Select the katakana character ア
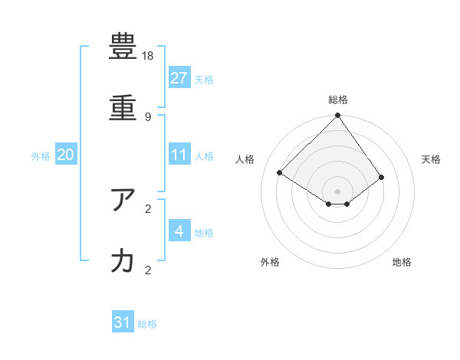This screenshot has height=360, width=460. coord(123,201)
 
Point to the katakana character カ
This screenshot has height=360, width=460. coord(123,262)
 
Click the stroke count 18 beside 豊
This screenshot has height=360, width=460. coord(148,56)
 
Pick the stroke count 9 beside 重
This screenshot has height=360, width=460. coord(148,117)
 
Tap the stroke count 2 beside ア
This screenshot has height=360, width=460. coord(148,208)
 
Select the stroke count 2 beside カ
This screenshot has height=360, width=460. coord(148,270)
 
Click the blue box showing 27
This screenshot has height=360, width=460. coord(179,77)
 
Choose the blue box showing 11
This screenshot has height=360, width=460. coord(179,155)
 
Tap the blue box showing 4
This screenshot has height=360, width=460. coord(179,231)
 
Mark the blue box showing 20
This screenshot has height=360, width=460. coord(66,155)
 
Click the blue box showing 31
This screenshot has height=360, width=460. coord(123,322)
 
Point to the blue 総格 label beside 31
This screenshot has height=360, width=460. coord(147,324)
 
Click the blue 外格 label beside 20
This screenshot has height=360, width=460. coord(41,156)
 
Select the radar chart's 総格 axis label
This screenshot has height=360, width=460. coord(338,100)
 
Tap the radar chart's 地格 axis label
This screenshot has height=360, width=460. coord(402,263)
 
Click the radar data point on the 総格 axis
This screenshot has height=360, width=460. coord(338,116)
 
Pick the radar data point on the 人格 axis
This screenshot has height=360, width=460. coord(280,173)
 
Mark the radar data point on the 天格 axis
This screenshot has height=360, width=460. coord(381,177)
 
